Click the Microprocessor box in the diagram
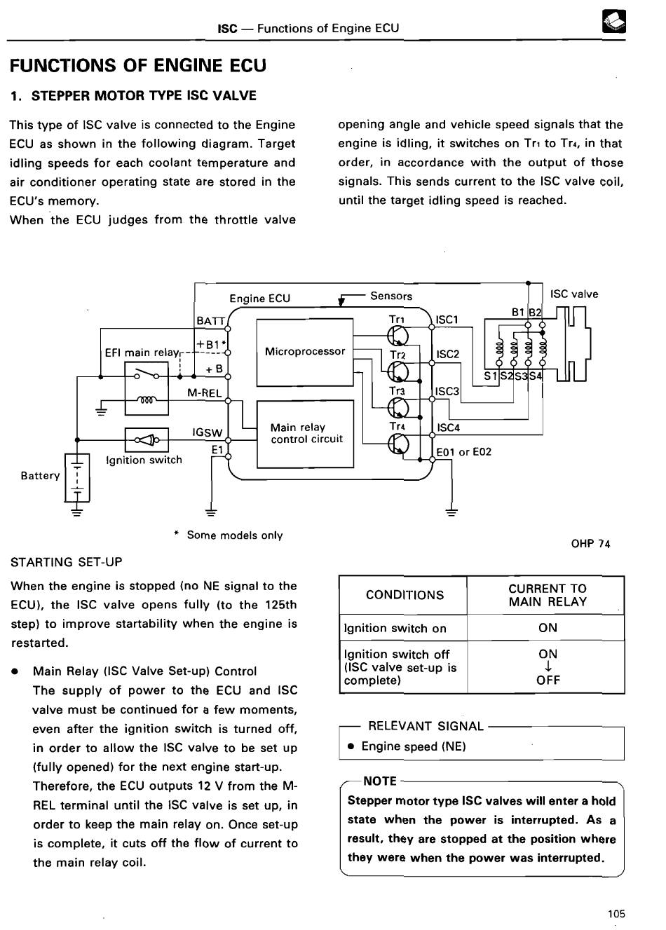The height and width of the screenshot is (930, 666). (x=305, y=352)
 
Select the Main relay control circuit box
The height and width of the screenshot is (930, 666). (x=305, y=434)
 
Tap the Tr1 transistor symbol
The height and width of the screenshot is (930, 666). (x=397, y=336)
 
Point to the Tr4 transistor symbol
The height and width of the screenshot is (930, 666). (x=397, y=444)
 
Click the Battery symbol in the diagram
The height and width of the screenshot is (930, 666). (x=77, y=477)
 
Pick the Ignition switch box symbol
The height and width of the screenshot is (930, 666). (x=147, y=439)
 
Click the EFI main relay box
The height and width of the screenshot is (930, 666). (x=147, y=388)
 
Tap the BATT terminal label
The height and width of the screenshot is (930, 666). (x=210, y=321)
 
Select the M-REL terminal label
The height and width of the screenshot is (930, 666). (x=204, y=392)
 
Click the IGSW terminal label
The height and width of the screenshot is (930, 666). (x=208, y=432)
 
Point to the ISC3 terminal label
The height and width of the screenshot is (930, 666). (x=447, y=392)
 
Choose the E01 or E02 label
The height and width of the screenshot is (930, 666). (x=463, y=452)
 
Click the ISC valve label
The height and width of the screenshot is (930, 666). (x=574, y=294)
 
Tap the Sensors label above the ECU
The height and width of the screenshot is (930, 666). (x=391, y=296)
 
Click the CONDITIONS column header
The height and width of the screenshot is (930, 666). (x=405, y=595)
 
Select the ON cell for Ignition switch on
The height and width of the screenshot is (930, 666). (x=548, y=627)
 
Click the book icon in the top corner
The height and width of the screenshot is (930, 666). (x=613, y=21)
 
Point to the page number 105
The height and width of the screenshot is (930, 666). (x=616, y=913)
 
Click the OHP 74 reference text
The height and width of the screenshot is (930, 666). (x=590, y=543)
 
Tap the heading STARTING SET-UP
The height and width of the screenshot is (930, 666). (x=67, y=562)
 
